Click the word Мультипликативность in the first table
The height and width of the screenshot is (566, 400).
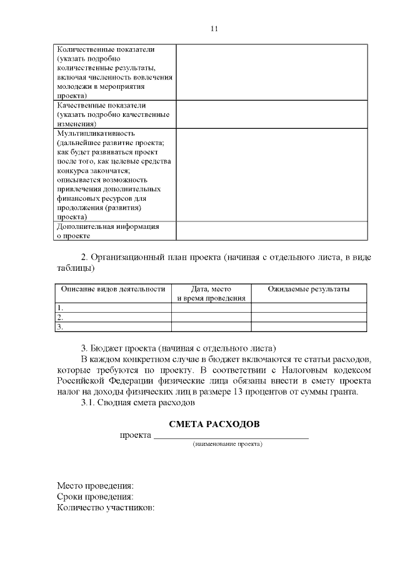(96, 134)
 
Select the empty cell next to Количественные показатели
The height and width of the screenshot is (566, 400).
(271, 73)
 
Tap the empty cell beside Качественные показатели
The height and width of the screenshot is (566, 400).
(271, 114)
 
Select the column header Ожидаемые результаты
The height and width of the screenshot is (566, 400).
(308, 289)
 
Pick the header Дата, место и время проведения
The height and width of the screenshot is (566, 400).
(211, 293)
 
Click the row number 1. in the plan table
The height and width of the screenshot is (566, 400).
(61, 308)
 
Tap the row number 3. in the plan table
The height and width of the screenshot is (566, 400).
(61, 326)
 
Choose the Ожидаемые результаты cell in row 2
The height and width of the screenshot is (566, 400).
(308, 317)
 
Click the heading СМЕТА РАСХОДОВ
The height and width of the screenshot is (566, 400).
(214, 424)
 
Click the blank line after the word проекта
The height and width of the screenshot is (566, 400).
(231, 435)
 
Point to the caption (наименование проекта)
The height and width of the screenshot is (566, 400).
(227, 444)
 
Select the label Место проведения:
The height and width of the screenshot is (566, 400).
(96, 485)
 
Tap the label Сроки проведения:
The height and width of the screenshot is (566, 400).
(96, 497)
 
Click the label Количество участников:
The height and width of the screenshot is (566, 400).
(106, 508)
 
